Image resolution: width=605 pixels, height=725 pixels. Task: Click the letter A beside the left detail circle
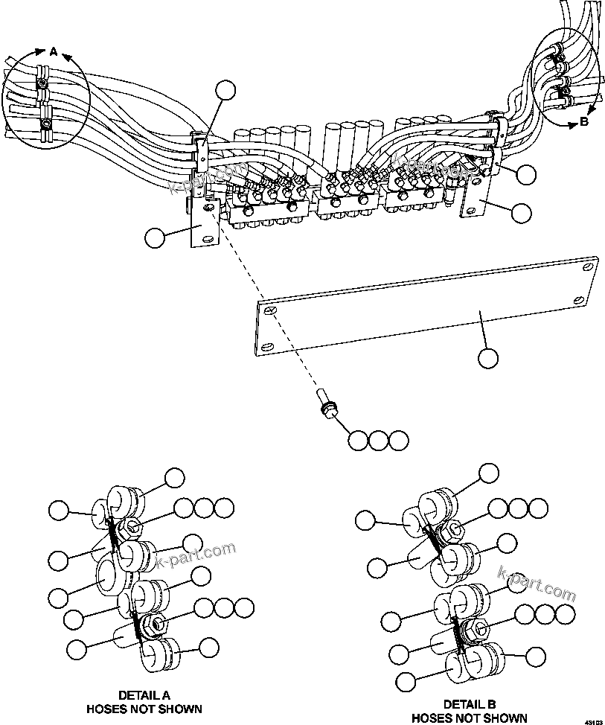click(53, 51)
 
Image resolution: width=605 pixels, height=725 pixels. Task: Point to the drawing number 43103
click(593, 721)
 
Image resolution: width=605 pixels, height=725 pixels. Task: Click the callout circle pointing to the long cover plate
click(488, 358)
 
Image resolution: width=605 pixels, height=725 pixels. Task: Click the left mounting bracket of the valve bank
click(202, 227)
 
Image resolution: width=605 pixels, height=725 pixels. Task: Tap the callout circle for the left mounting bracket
click(156, 237)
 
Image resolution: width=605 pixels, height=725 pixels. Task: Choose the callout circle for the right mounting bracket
click(522, 213)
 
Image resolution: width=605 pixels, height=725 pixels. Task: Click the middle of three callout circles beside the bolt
click(379, 440)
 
